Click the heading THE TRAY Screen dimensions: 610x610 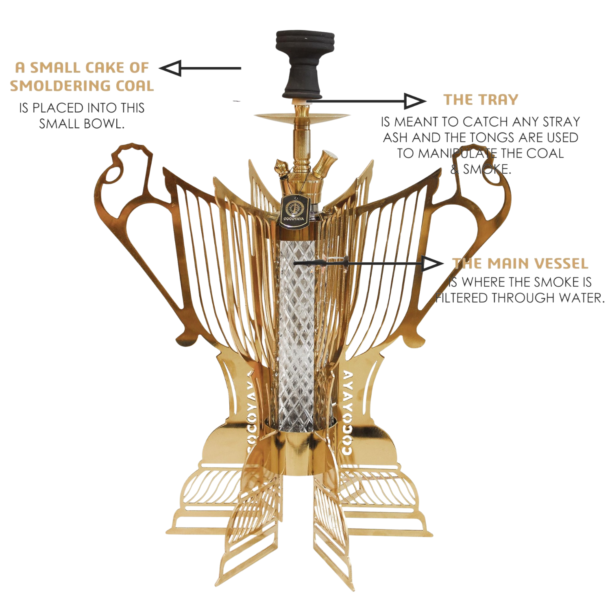[481, 100]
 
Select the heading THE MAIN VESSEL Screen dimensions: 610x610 [521, 264]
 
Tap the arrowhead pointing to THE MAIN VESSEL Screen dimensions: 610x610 [432, 264]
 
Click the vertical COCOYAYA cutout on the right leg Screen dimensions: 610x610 [348, 411]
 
